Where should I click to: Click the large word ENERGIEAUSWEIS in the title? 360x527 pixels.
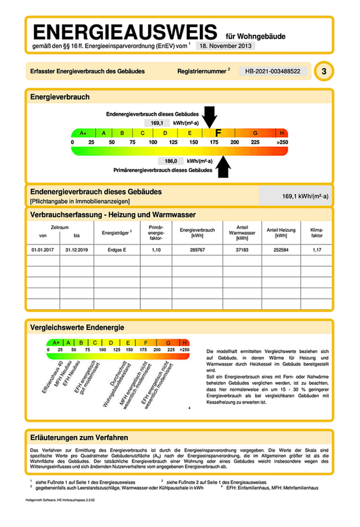point(124,33)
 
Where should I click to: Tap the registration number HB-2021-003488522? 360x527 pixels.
point(274,71)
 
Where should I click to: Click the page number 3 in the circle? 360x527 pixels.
point(323,72)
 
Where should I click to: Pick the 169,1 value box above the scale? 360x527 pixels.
point(157,123)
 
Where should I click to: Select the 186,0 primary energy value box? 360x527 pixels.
point(170,161)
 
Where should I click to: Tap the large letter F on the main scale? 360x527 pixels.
point(218,133)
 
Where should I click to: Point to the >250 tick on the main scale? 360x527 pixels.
point(281,142)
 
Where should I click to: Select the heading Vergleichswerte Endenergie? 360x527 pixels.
point(77,327)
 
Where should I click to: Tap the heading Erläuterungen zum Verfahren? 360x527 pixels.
point(79,437)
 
